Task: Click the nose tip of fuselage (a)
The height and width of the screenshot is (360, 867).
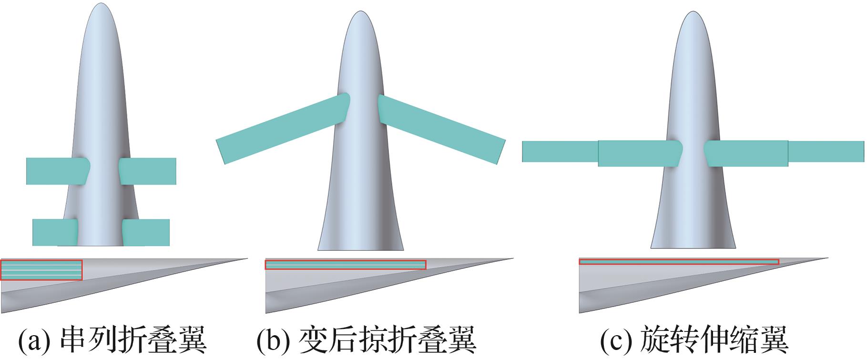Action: coord(101,5)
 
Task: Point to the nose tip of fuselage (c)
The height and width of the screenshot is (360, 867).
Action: coord(693,13)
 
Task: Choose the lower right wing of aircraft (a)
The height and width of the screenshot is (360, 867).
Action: coord(146,232)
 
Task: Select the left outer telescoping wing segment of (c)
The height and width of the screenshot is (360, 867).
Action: coord(560,152)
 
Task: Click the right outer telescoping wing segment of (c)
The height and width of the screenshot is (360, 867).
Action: coord(826,152)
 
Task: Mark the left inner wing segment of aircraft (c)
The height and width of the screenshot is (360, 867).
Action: coord(639,154)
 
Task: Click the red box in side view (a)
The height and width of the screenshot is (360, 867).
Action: coord(41,270)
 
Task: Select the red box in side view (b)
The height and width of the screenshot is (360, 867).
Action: coord(345,265)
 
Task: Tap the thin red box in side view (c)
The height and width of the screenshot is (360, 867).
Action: coord(679,262)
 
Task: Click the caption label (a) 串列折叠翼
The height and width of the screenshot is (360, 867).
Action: coord(112,339)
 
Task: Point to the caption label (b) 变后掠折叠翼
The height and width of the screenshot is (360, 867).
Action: coord(366,339)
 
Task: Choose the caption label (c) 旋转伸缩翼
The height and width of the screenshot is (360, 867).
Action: coord(694,339)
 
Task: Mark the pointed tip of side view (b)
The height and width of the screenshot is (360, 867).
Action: coord(513,259)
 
